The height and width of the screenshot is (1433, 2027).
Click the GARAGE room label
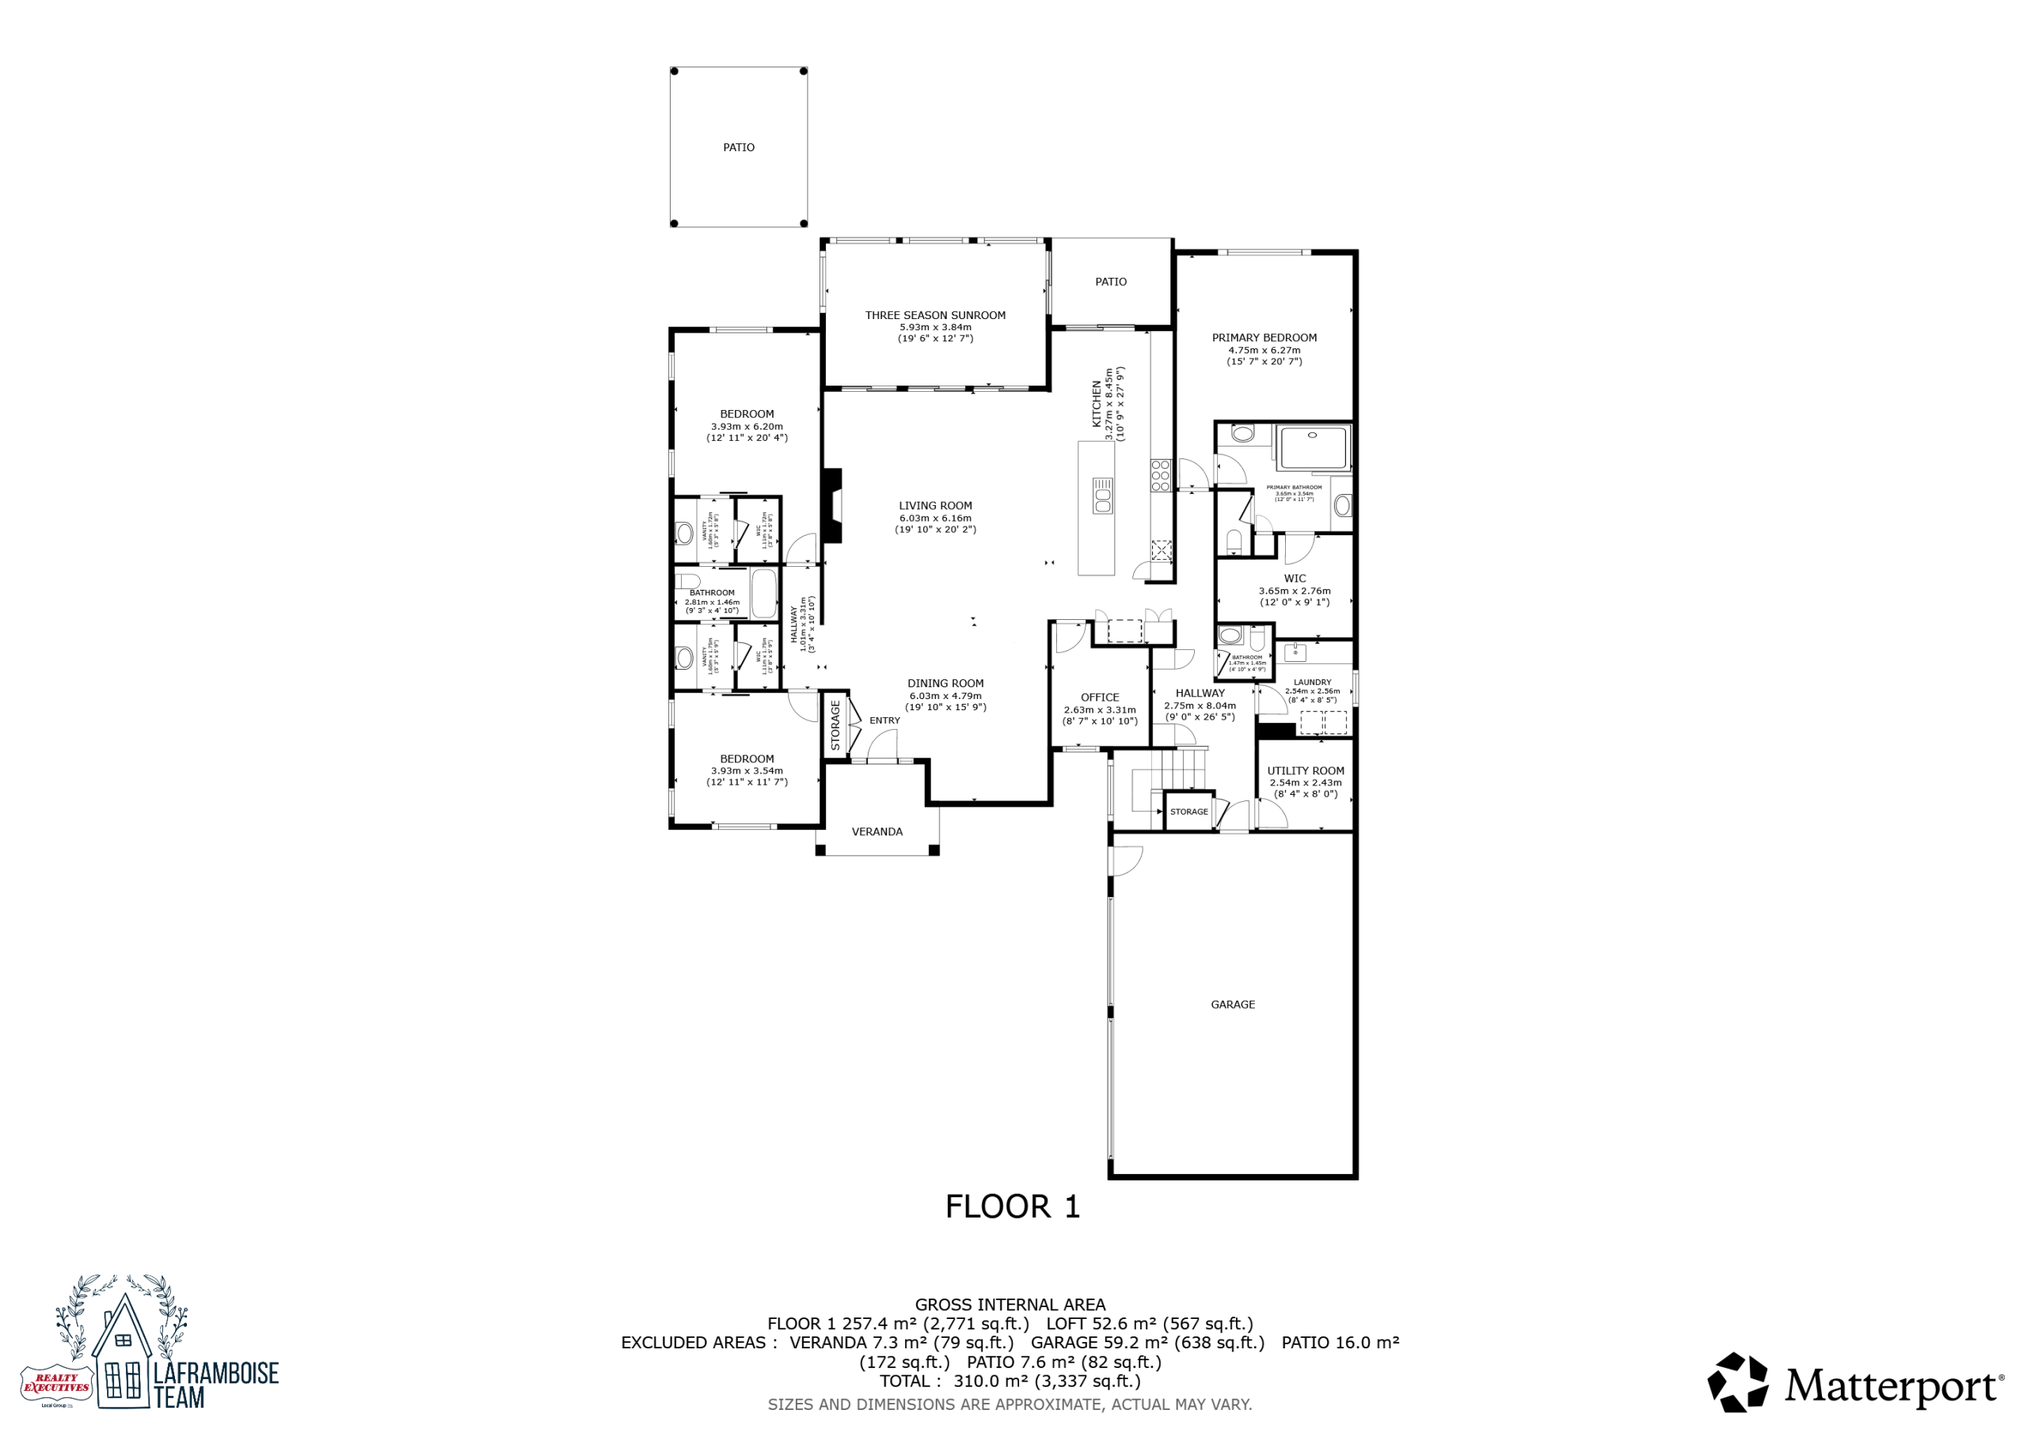click(1233, 1004)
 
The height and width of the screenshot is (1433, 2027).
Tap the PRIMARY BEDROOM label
click(1264, 338)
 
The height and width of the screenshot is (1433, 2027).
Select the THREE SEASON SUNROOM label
click(935, 315)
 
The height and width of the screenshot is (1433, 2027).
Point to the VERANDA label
click(877, 832)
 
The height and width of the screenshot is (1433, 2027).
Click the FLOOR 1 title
click(1013, 1207)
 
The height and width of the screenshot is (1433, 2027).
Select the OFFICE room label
click(1100, 697)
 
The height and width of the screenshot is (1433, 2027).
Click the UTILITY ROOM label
click(1306, 771)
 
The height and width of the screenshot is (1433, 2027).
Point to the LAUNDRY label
click(1313, 682)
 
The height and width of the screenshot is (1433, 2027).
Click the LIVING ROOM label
click(936, 506)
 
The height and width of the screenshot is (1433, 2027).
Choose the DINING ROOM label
click(945, 683)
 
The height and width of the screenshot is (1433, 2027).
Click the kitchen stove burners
click(1160, 475)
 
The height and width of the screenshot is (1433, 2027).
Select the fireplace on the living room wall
click(831, 505)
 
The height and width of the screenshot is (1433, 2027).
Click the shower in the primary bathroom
click(1314, 447)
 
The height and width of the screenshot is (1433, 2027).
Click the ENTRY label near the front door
click(884, 720)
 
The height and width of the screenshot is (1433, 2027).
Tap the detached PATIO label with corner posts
click(739, 147)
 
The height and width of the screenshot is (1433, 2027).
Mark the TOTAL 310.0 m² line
click(1010, 1381)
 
